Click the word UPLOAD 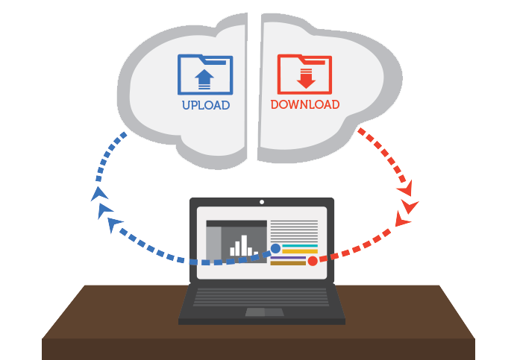206,106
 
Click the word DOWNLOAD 304,105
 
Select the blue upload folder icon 205,75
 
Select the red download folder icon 304,74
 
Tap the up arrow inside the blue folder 204,78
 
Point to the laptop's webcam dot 261,202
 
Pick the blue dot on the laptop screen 275,249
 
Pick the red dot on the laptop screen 313,260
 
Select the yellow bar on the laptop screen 300,252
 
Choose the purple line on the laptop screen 289,258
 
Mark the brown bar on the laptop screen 289,263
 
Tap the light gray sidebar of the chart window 213,241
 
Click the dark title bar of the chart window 236,224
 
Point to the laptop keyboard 261,297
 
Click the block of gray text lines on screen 294,230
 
